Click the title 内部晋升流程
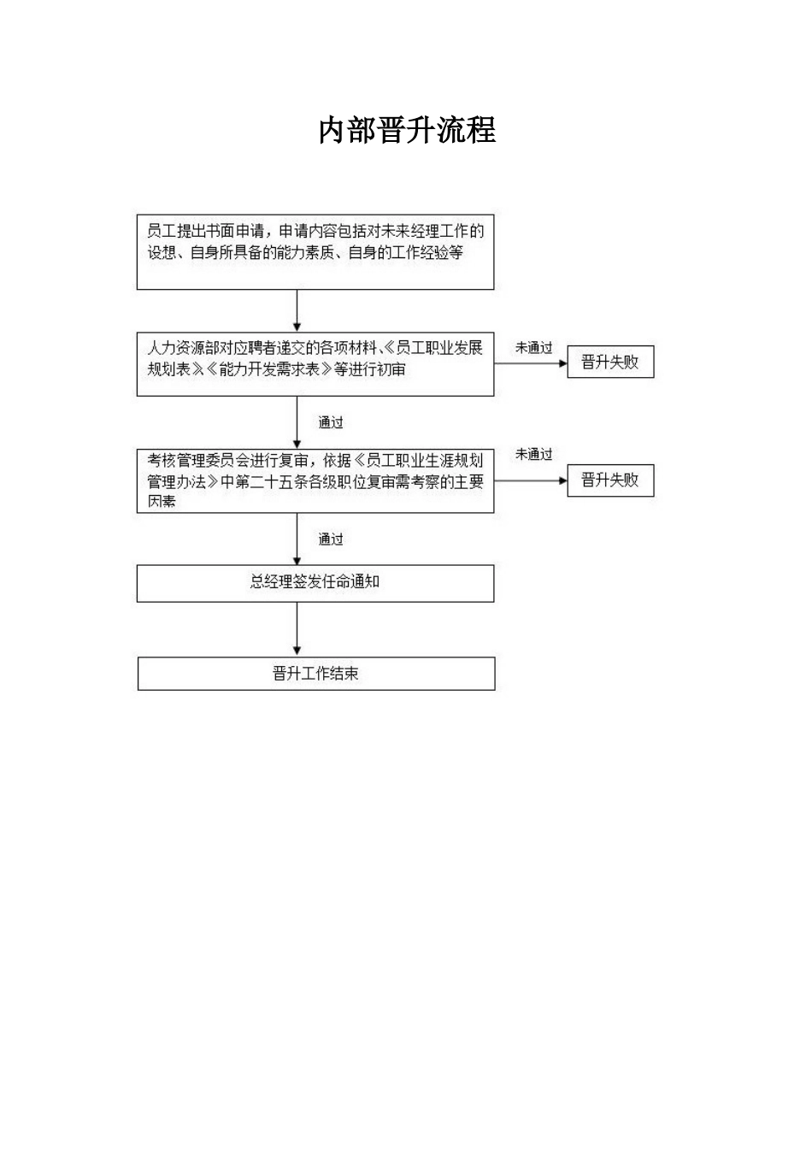point(407,130)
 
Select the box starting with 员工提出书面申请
point(315,252)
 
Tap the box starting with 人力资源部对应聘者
point(315,364)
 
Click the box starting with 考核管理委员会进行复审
point(315,480)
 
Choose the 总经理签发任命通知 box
point(315,583)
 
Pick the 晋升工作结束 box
point(316,674)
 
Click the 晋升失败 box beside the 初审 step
point(610,362)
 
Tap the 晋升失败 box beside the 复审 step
point(610,480)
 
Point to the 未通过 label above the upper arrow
point(533,348)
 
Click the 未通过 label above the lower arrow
point(533,454)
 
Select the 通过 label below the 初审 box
point(330,422)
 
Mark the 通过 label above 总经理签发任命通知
point(330,539)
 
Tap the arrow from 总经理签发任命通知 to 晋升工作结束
point(297,629)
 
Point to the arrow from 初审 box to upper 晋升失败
point(531,363)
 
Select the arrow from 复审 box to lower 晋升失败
point(531,480)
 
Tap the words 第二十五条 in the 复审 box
point(271,482)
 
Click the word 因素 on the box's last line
point(162,501)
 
